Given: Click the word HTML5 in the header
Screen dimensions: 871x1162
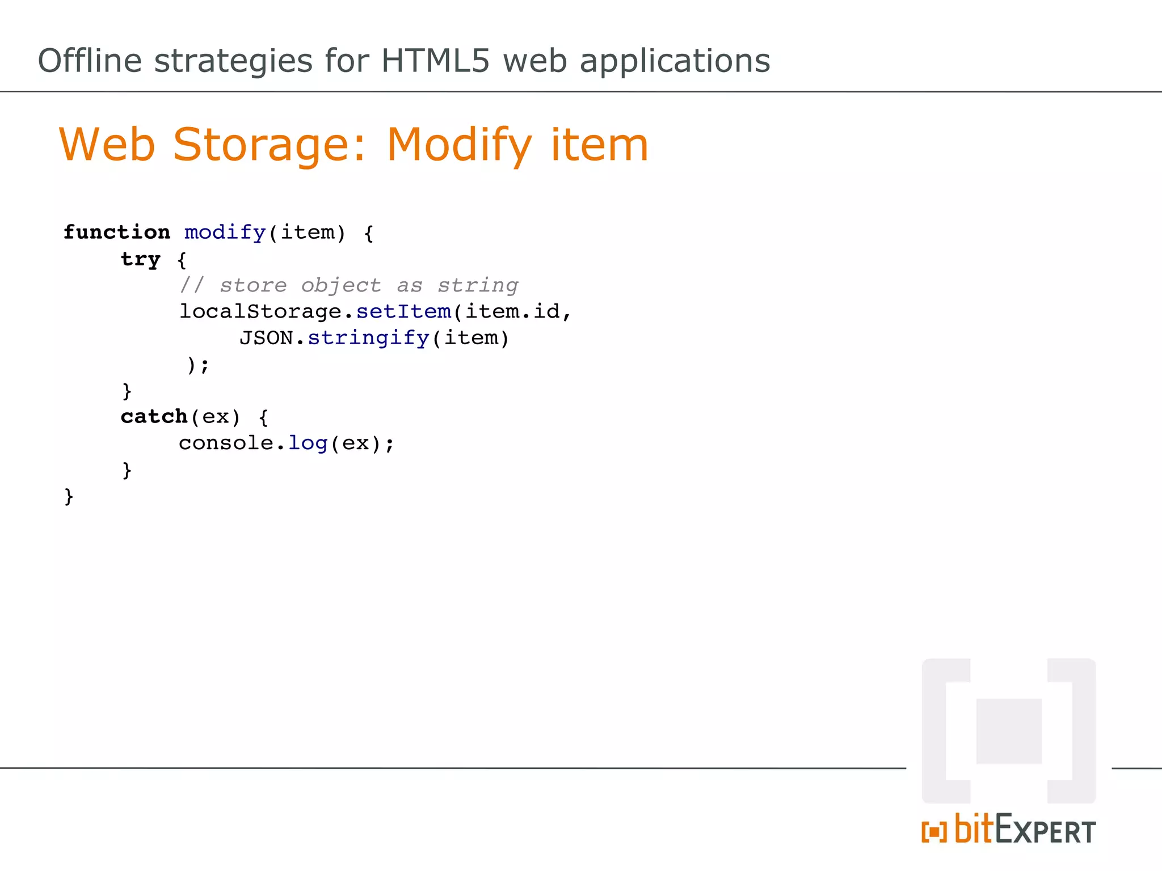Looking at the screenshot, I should (435, 61).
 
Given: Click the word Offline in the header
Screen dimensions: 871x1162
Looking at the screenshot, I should (90, 61).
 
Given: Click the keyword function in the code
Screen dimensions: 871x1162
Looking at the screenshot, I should (116, 232).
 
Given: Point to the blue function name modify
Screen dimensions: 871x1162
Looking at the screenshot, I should (225, 232).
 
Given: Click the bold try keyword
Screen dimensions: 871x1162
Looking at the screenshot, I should (141, 259).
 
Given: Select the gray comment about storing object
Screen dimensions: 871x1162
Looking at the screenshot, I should (349, 285).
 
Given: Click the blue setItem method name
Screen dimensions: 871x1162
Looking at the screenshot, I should (403, 312).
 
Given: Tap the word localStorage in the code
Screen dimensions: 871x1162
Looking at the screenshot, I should (260, 312).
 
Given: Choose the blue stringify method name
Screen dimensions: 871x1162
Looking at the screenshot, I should (368, 339).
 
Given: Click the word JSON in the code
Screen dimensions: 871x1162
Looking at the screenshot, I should (266, 339).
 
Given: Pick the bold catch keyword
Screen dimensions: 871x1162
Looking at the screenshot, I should (154, 417).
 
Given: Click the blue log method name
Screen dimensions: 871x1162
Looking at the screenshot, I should (308, 443).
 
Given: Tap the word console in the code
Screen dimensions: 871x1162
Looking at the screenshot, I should (226, 443).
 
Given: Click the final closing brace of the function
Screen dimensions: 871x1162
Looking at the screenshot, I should (69, 497).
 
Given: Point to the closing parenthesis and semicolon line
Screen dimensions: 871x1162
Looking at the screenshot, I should (198, 365).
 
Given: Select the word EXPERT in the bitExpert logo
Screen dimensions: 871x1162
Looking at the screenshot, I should (1045, 831).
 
